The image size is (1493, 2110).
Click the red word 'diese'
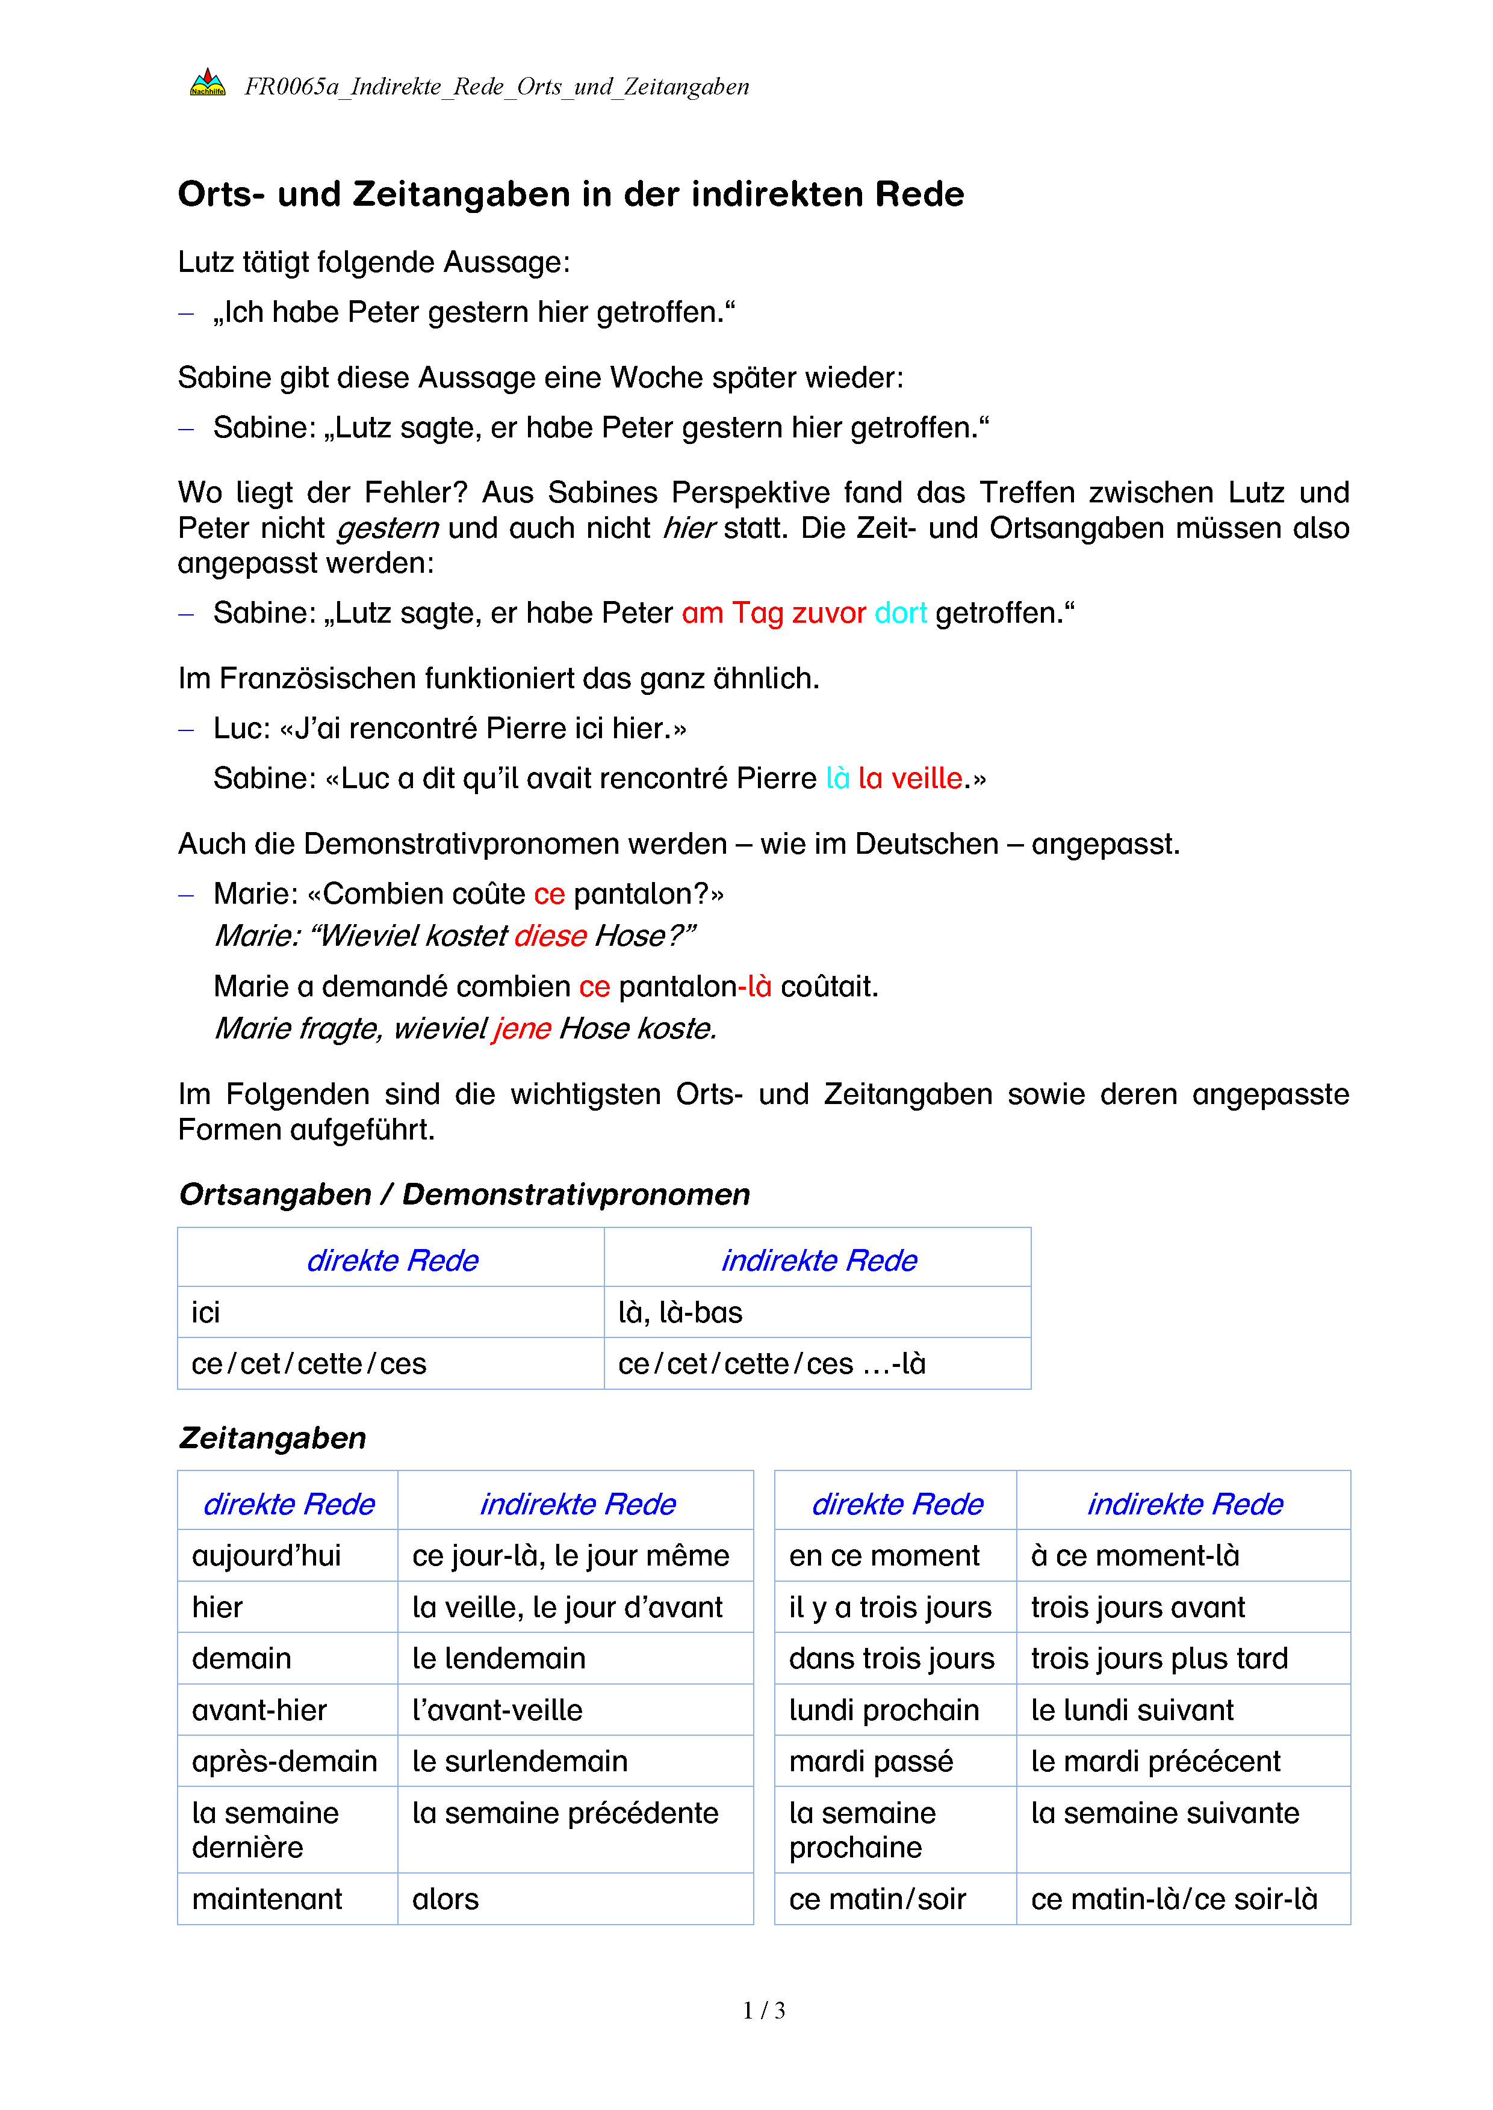550,936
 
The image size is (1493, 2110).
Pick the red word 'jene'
521,1028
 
